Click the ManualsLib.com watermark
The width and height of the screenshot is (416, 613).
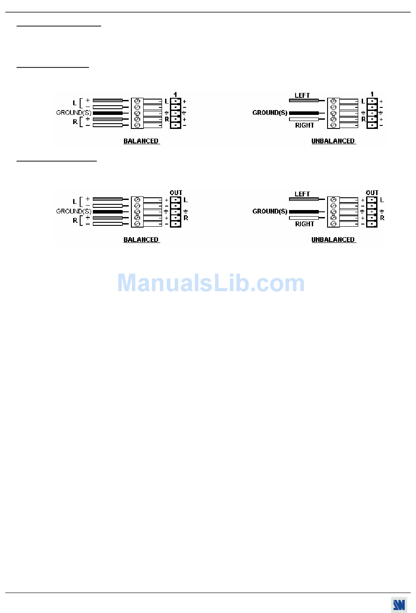click(x=211, y=283)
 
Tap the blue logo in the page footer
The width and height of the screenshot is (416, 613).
click(x=399, y=605)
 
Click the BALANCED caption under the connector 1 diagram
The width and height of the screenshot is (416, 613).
click(x=141, y=141)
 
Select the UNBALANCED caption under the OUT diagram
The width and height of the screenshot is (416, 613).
click(x=333, y=240)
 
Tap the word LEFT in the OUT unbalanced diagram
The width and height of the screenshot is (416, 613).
click(x=302, y=194)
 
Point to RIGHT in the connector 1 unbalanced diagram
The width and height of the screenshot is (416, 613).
click(x=304, y=125)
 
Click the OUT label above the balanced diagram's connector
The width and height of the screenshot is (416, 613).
click(x=176, y=193)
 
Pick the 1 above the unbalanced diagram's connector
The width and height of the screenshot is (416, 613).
click(x=372, y=94)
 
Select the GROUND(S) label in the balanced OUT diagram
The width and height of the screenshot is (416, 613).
click(x=74, y=211)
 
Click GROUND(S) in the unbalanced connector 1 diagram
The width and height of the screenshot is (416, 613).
click(x=270, y=113)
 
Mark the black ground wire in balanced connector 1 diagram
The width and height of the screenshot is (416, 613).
click(x=108, y=113)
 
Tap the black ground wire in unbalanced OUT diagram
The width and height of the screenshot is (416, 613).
click(x=304, y=212)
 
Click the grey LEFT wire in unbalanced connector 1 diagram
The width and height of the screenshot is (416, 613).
click(x=304, y=101)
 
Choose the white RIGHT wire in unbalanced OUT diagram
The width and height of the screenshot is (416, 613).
click(x=304, y=218)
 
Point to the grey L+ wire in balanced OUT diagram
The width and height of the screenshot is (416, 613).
click(x=108, y=200)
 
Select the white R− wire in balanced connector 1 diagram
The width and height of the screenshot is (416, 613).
click(x=108, y=125)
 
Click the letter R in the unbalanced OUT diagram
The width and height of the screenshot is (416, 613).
click(x=382, y=218)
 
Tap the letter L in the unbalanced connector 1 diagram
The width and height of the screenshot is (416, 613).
click(x=363, y=101)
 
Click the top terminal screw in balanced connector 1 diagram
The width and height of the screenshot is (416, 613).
click(x=137, y=101)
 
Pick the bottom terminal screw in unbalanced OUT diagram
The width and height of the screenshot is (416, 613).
click(x=333, y=224)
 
